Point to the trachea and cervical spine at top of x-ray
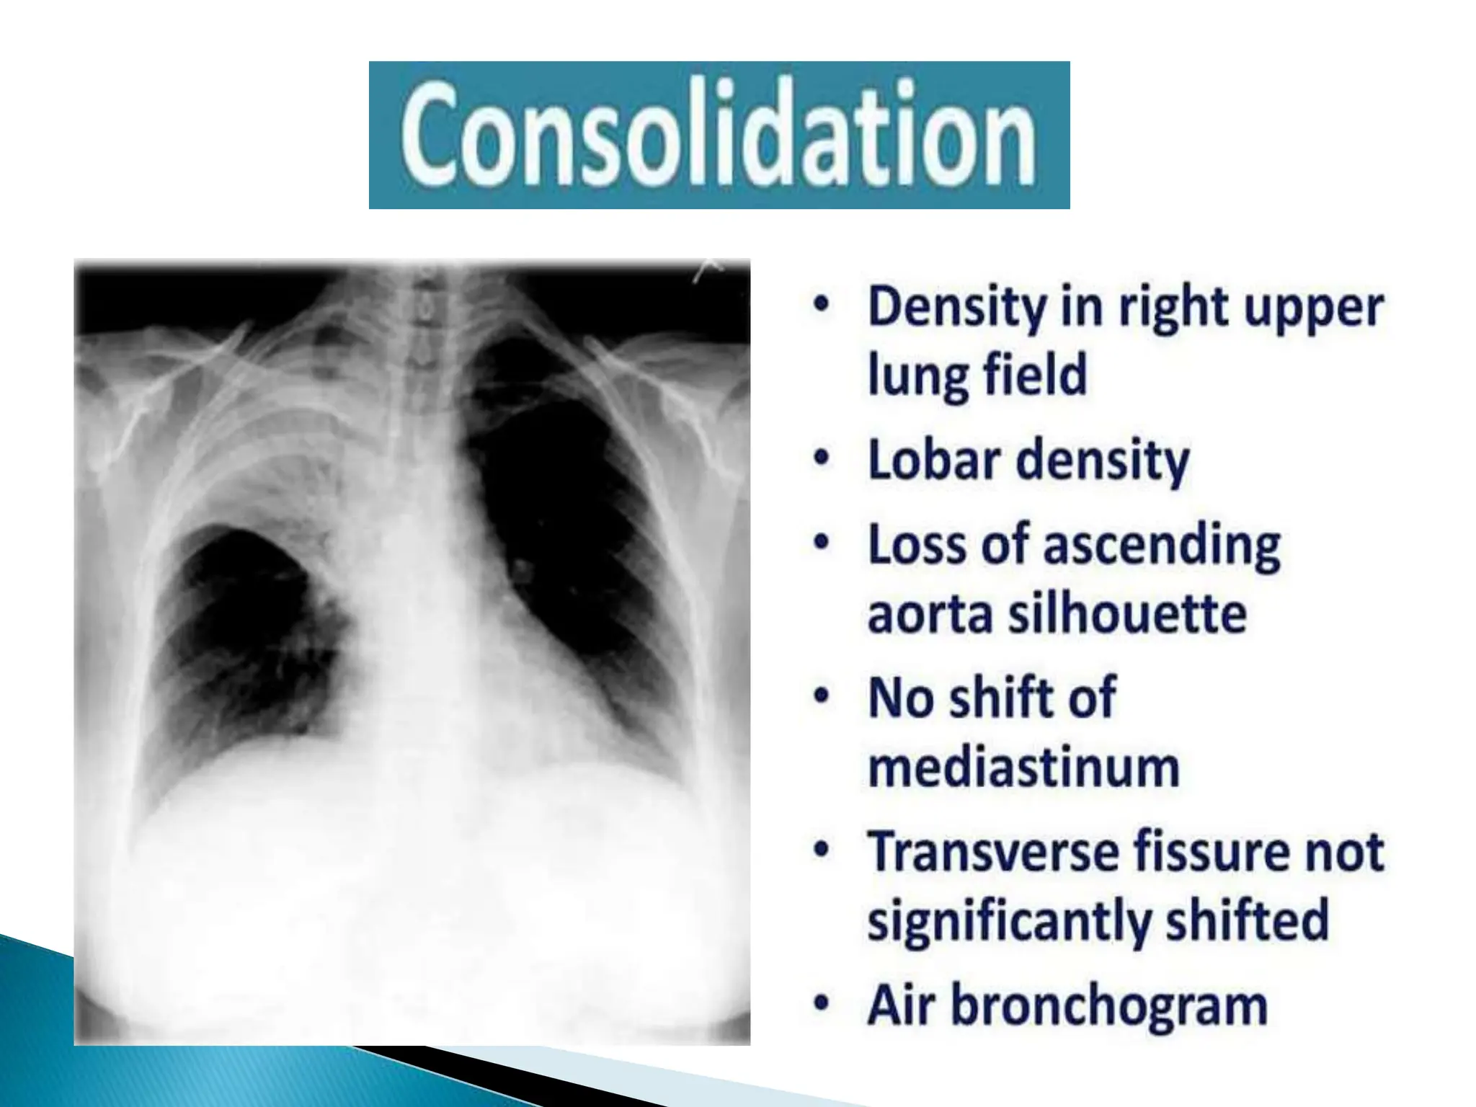click(418, 339)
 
